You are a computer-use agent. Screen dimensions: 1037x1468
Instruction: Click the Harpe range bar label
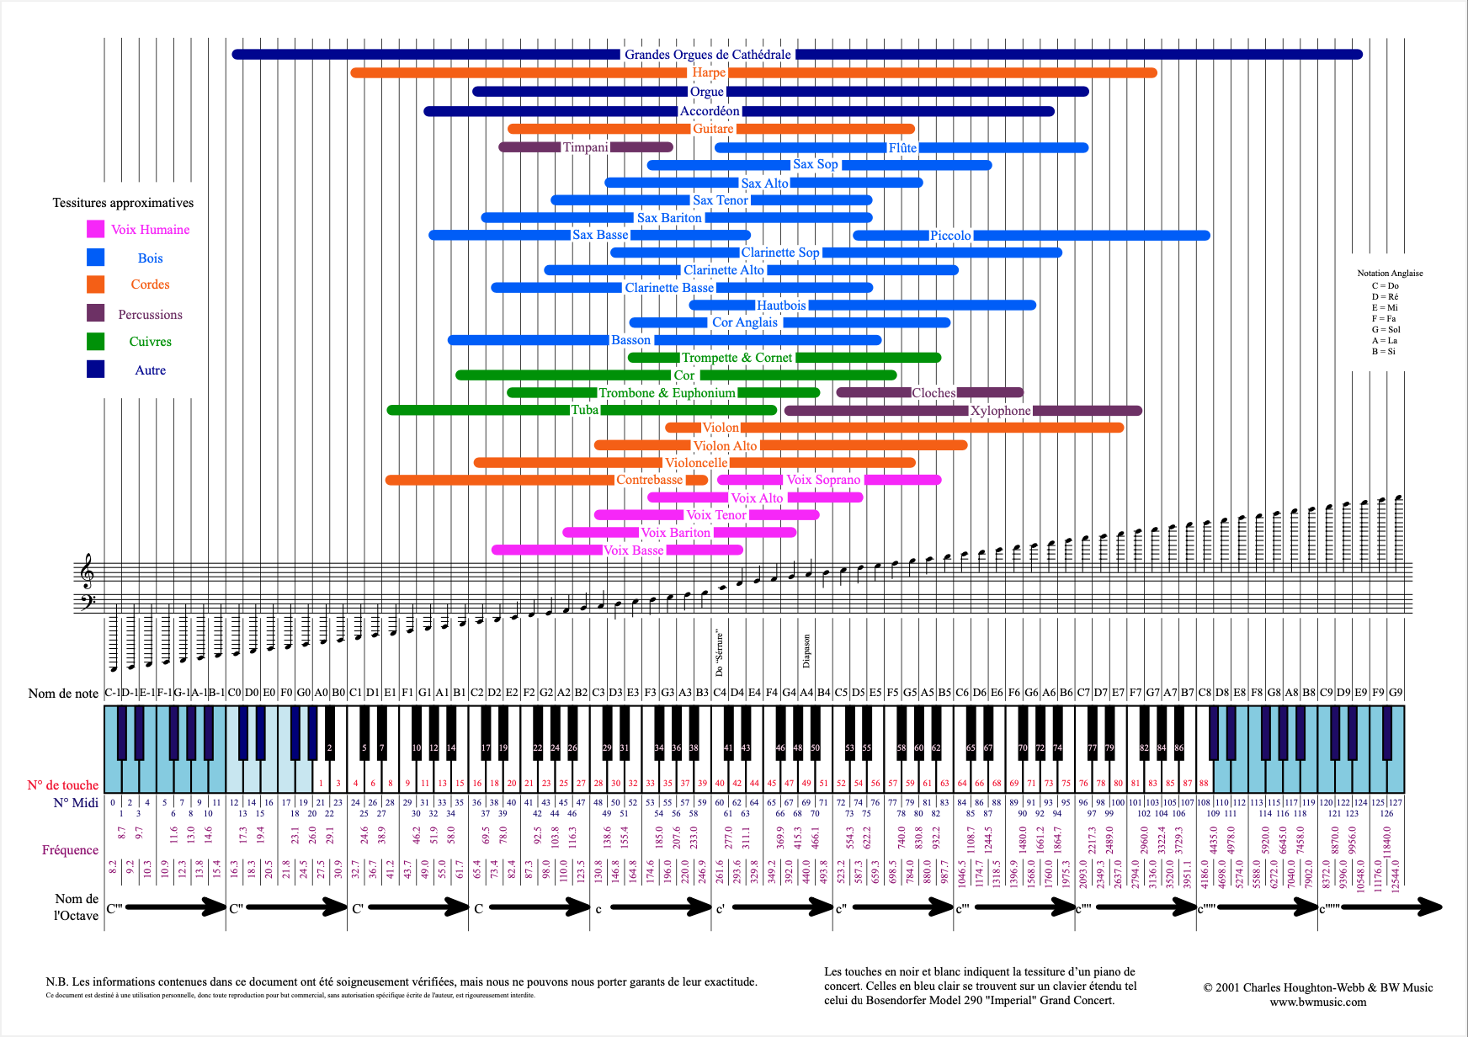(x=709, y=72)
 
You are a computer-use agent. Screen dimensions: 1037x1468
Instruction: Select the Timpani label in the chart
(x=585, y=147)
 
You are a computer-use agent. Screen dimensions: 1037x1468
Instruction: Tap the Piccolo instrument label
(x=950, y=236)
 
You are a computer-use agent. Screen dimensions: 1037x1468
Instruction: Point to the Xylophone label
(x=1000, y=411)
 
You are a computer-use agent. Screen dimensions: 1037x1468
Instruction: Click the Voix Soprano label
(x=822, y=480)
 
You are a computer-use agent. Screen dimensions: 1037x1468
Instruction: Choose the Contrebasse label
(x=649, y=480)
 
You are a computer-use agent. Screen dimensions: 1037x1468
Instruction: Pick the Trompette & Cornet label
(x=737, y=358)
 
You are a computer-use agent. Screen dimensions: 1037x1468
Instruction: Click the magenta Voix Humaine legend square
(x=95, y=229)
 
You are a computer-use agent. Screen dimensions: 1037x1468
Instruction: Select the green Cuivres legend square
(x=95, y=341)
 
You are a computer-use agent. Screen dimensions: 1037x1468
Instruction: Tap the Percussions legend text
(x=150, y=315)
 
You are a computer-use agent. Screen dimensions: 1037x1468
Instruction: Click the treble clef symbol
(x=86, y=571)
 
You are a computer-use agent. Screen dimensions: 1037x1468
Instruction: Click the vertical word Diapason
(x=806, y=651)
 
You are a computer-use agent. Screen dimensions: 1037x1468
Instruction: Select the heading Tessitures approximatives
(x=123, y=203)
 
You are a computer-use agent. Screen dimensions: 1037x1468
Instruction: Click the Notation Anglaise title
(x=1390, y=273)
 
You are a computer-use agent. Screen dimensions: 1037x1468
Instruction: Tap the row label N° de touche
(x=62, y=785)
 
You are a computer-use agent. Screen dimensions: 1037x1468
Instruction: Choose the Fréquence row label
(x=70, y=850)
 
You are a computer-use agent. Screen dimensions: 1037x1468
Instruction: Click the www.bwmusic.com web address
(x=1317, y=1002)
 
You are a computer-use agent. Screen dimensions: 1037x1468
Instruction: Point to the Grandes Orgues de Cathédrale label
(x=707, y=55)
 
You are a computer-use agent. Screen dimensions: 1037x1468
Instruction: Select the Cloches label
(x=933, y=393)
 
